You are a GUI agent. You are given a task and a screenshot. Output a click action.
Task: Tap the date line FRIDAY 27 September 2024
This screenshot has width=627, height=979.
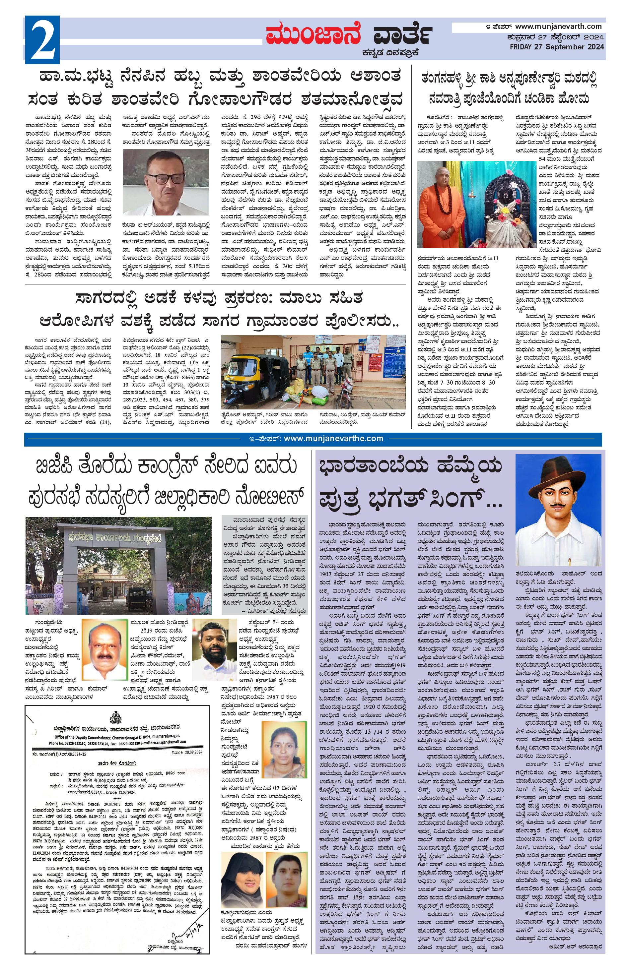pyautogui.click(x=557, y=47)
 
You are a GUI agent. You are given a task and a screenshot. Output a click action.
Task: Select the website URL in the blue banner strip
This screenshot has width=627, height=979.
pyautogui.click(x=333, y=438)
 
